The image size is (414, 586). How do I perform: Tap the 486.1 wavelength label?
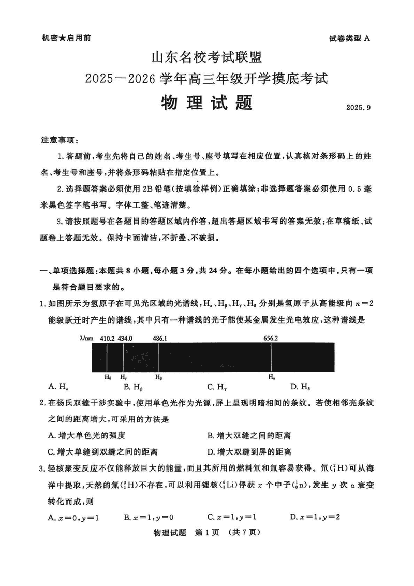(160, 338)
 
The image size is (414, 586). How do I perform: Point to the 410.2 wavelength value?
(108, 338)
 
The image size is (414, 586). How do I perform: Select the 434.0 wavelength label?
(125, 338)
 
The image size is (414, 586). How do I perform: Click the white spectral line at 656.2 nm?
(271, 357)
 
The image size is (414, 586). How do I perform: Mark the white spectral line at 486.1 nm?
(158, 357)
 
